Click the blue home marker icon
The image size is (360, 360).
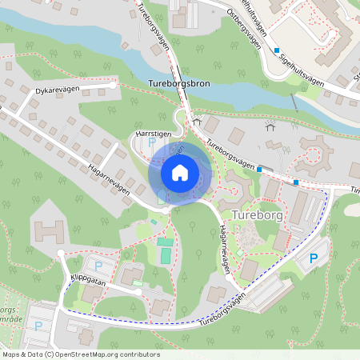tap(180, 172)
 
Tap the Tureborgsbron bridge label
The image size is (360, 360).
tap(179, 83)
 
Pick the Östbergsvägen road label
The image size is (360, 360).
tap(246, 28)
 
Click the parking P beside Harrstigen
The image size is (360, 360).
tap(152, 142)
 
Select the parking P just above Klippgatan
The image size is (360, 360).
tap(98, 266)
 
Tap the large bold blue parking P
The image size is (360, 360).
tap(314, 258)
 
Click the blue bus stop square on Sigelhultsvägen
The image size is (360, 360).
tap(277, 50)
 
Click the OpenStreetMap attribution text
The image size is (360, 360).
tap(81, 354)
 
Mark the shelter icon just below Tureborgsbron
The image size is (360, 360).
tap(197, 121)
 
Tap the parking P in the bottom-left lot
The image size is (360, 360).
tap(38, 326)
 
